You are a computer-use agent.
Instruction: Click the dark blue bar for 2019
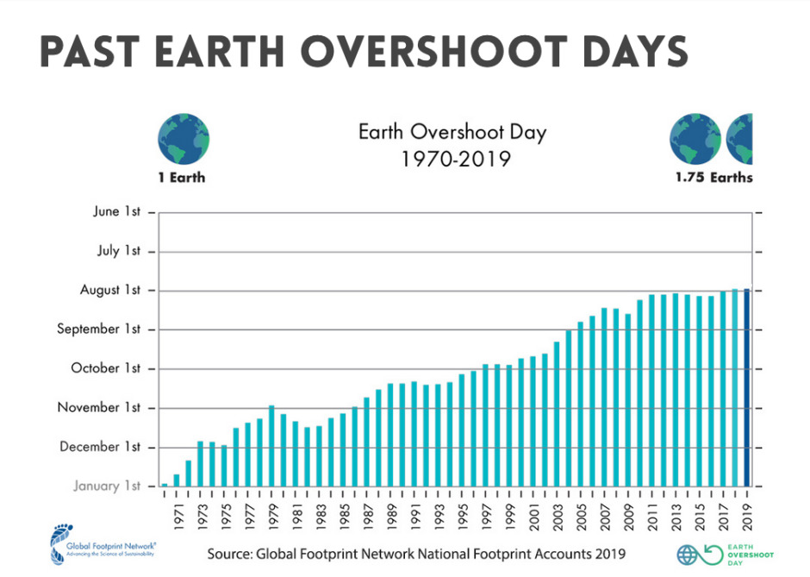click(746, 387)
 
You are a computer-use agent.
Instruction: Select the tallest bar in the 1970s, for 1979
click(271, 446)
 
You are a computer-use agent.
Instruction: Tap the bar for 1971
click(176, 480)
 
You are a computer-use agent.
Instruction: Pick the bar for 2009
click(627, 400)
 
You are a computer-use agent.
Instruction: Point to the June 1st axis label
click(116, 211)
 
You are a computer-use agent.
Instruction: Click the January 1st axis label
click(107, 486)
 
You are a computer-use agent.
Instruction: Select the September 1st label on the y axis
click(99, 329)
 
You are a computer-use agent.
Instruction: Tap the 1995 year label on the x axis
click(463, 517)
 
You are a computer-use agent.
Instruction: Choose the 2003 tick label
click(558, 517)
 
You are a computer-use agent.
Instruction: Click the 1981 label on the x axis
click(297, 517)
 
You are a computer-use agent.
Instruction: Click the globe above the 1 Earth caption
click(184, 139)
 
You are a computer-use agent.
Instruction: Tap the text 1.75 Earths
click(713, 178)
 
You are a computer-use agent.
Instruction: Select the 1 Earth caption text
click(182, 178)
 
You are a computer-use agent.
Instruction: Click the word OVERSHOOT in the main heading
click(434, 52)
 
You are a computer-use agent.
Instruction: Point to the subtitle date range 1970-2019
click(456, 159)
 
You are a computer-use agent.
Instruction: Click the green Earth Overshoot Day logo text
click(751, 555)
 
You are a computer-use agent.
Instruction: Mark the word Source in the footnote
click(229, 555)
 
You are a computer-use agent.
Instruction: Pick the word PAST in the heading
click(90, 52)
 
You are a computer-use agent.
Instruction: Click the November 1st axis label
click(99, 407)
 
